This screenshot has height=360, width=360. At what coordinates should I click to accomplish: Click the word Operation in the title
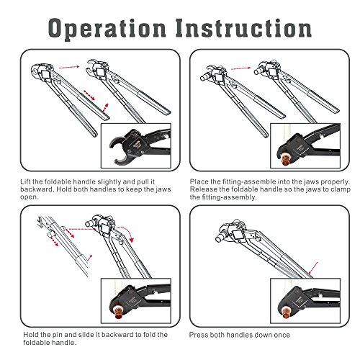(107, 29)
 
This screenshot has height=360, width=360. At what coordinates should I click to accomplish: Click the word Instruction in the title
(243, 28)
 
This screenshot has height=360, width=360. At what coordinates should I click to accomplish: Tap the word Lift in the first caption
(26, 181)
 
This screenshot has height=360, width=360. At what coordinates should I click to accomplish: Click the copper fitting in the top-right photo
(285, 160)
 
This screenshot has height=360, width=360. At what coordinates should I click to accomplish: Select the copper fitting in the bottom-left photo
(118, 314)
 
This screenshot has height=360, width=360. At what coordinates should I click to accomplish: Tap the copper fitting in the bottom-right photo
(287, 315)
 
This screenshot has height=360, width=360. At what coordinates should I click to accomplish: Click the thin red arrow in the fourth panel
(313, 268)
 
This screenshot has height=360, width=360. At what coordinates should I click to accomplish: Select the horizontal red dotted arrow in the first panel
(69, 67)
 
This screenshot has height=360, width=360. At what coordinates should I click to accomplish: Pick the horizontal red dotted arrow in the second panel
(240, 68)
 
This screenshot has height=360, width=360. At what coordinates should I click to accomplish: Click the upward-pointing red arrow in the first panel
(105, 108)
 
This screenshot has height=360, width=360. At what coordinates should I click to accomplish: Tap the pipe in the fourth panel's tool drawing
(220, 237)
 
